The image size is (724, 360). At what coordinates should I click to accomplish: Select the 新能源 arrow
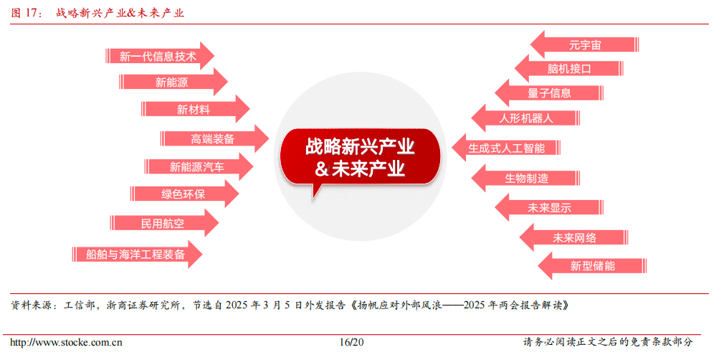pyautogui.click(x=172, y=82)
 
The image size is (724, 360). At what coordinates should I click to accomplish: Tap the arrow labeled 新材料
pyautogui.click(x=194, y=109)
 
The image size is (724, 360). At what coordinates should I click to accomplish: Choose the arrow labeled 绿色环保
pyautogui.click(x=184, y=194)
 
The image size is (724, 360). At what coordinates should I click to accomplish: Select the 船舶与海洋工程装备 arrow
pyautogui.click(x=135, y=254)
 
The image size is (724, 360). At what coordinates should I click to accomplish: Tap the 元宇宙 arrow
pyautogui.click(x=584, y=44)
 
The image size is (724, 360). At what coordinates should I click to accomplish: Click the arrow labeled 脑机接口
pyautogui.click(x=569, y=69)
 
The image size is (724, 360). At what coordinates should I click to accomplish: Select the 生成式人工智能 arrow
pyautogui.click(x=506, y=148)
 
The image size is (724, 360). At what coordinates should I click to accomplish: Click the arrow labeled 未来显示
pyautogui.click(x=549, y=208)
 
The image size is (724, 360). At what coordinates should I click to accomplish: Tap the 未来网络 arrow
pyautogui.click(x=573, y=237)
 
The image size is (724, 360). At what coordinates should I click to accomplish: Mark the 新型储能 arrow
pyautogui.click(x=592, y=265)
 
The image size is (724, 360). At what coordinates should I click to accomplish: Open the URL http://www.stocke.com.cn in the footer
pyautogui.click(x=65, y=343)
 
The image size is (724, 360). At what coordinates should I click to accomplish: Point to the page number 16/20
pyautogui.click(x=352, y=343)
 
